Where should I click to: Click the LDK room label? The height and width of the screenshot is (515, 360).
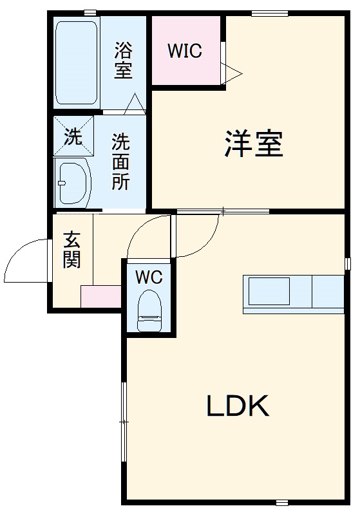point(237,406)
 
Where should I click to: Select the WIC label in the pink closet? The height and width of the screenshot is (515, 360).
point(185,51)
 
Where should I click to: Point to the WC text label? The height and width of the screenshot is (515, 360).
point(149,277)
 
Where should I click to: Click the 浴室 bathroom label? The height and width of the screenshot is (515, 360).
point(123,60)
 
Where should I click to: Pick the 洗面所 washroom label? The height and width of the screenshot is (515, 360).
point(120,161)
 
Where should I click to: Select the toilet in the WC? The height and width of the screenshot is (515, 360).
point(149,310)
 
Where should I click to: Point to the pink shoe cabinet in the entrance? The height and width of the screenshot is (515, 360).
point(101,296)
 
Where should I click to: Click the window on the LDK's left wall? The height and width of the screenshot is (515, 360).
point(124,421)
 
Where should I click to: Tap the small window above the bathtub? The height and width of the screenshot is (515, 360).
point(90,12)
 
